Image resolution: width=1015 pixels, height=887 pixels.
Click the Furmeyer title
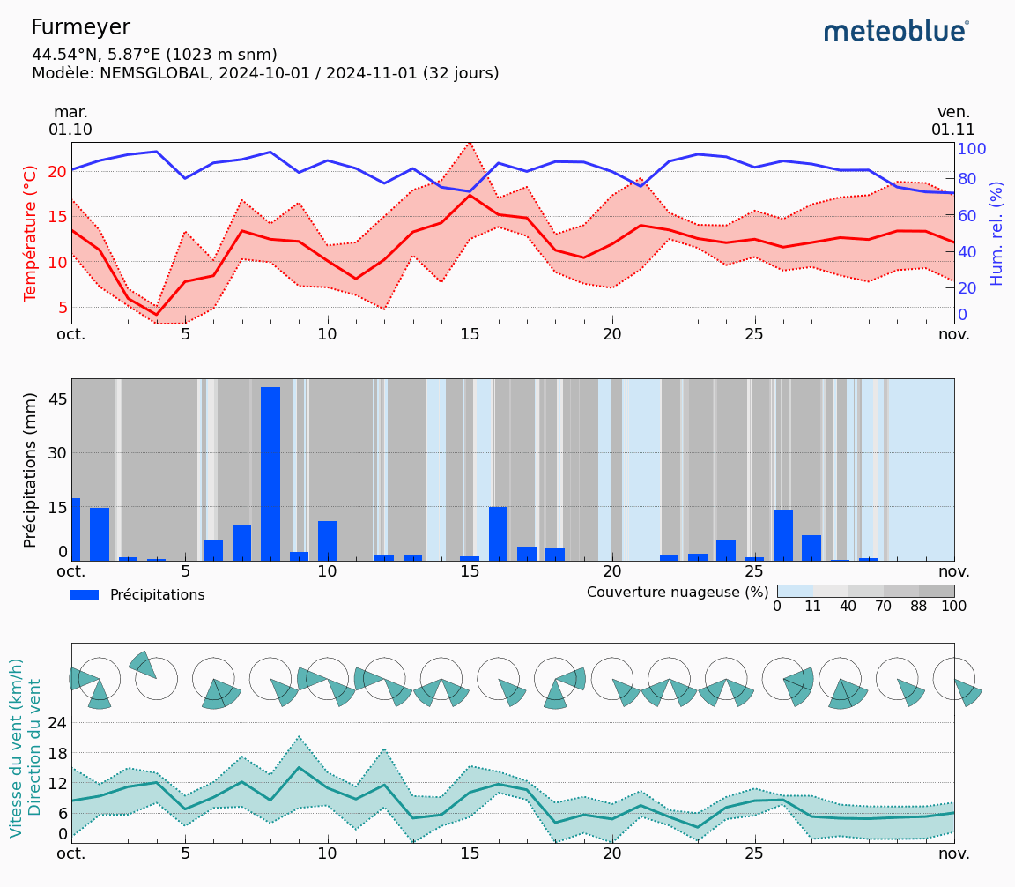[x=80, y=27]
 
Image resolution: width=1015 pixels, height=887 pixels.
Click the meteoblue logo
[x=896, y=32]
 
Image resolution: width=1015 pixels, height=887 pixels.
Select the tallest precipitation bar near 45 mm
[x=270, y=473]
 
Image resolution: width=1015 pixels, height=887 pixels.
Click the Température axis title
[x=31, y=233]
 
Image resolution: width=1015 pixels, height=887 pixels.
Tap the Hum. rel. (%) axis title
[x=996, y=233]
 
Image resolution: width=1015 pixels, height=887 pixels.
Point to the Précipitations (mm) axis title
[x=31, y=469]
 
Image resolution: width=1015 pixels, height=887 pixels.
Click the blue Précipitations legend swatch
[x=85, y=595]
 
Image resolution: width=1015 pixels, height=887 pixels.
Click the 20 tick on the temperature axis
[x=57, y=171]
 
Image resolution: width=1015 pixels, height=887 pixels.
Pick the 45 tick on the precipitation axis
[x=57, y=399]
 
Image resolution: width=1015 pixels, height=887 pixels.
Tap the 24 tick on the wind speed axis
[x=57, y=723]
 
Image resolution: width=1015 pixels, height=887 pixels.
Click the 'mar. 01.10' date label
[x=70, y=121]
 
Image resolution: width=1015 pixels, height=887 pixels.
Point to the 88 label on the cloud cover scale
[x=919, y=607]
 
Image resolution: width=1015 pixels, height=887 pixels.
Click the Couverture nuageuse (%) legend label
[x=678, y=593]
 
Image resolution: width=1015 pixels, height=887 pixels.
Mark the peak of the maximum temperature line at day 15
[x=470, y=142]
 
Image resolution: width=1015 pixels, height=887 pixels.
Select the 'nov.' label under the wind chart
[x=953, y=853]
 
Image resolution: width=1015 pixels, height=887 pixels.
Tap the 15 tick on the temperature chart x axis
[x=470, y=335]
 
